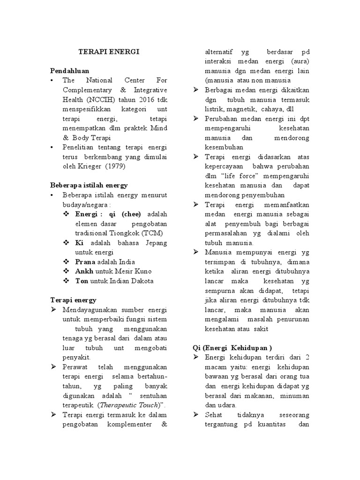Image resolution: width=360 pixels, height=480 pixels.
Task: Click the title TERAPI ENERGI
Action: [108, 52]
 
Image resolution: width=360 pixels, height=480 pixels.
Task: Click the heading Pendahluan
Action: [70, 70]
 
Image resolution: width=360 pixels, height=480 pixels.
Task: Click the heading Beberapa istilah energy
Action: [89, 185]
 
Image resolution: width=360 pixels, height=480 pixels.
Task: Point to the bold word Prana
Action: [85, 262]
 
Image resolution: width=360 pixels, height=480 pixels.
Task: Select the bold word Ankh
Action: [84, 271]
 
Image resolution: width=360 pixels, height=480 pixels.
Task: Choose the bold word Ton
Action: [82, 281]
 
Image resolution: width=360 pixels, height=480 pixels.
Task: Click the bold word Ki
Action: [79, 242]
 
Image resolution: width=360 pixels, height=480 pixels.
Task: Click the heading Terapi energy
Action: [73, 300]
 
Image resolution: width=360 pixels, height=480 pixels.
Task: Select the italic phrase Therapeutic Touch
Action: [133, 405]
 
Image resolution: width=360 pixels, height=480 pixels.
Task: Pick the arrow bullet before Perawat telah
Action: [54, 367]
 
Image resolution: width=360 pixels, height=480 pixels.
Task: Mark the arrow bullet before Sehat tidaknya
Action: [196, 415]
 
